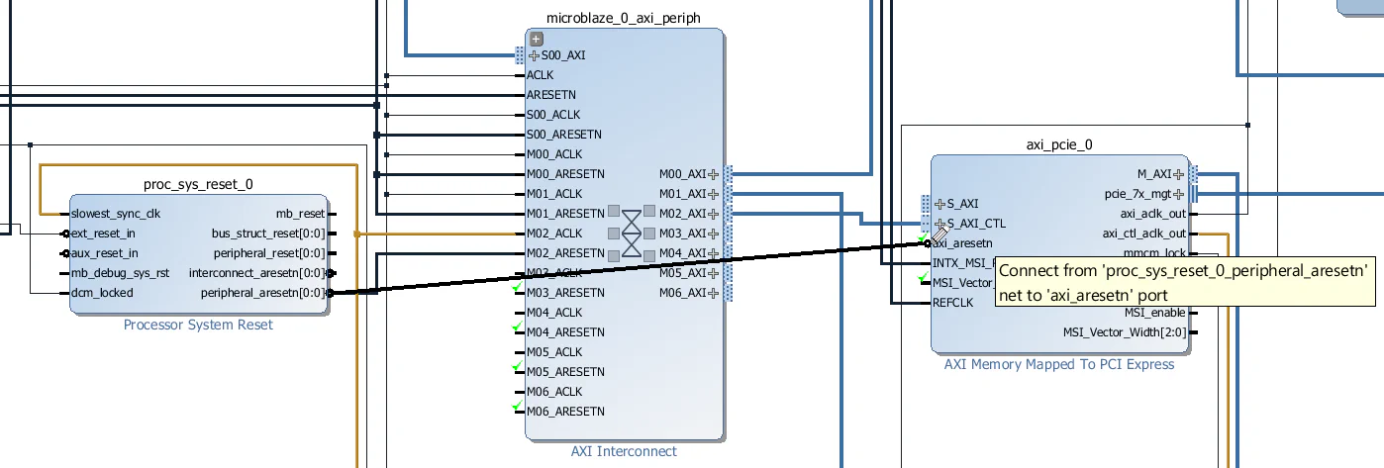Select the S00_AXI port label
(563, 55)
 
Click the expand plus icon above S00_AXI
(536, 39)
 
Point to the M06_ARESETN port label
(565, 412)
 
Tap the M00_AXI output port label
(682, 174)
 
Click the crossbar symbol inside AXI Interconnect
(632, 234)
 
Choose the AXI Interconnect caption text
(624, 451)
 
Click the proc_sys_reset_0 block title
(198, 185)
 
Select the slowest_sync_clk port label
(116, 214)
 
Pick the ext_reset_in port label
(104, 234)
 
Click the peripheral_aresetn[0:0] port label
(262, 293)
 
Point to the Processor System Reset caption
(198, 325)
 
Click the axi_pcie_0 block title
(1059, 144)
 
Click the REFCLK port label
(952, 303)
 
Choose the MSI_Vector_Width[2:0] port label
(1125, 332)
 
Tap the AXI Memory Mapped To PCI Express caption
(1059, 364)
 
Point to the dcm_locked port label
(102, 293)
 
